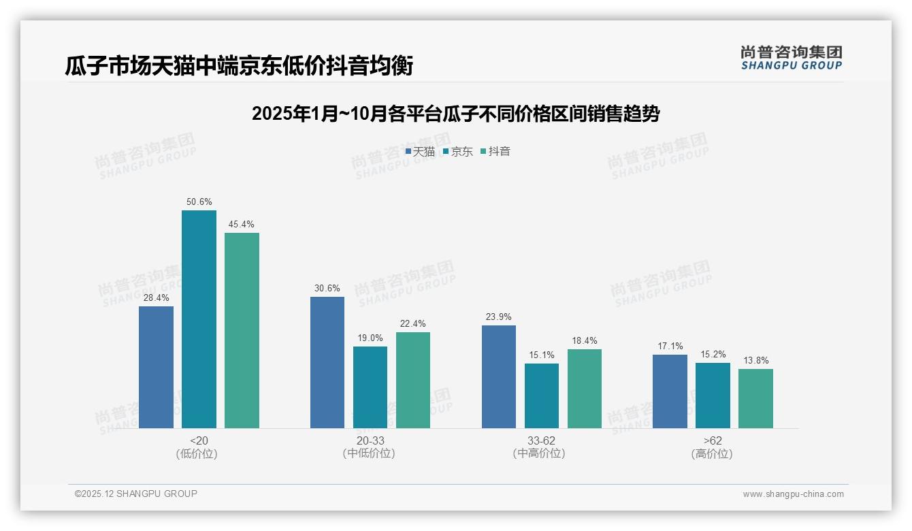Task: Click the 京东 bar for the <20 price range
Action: click(x=199, y=319)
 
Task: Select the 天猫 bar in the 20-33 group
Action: click(x=327, y=362)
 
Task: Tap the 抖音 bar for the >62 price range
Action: click(x=755, y=398)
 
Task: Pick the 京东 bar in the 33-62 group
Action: click(x=542, y=396)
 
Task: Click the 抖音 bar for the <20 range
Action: click(x=242, y=330)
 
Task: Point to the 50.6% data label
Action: click(x=199, y=202)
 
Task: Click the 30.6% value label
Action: click(x=327, y=289)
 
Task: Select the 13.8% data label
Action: click(x=755, y=361)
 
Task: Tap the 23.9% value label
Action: click(x=499, y=317)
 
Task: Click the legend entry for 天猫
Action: click(x=421, y=152)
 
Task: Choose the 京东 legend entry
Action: click(x=458, y=152)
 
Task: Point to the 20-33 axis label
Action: click(x=370, y=441)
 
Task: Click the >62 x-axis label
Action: click(x=713, y=441)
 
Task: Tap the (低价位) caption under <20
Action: click(x=197, y=454)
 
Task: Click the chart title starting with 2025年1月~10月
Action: click(x=455, y=113)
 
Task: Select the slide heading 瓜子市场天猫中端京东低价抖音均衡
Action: click(x=239, y=66)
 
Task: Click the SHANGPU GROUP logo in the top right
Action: click(x=792, y=58)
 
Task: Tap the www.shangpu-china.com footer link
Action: click(x=793, y=494)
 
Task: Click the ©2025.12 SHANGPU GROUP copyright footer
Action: click(x=136, y=494)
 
